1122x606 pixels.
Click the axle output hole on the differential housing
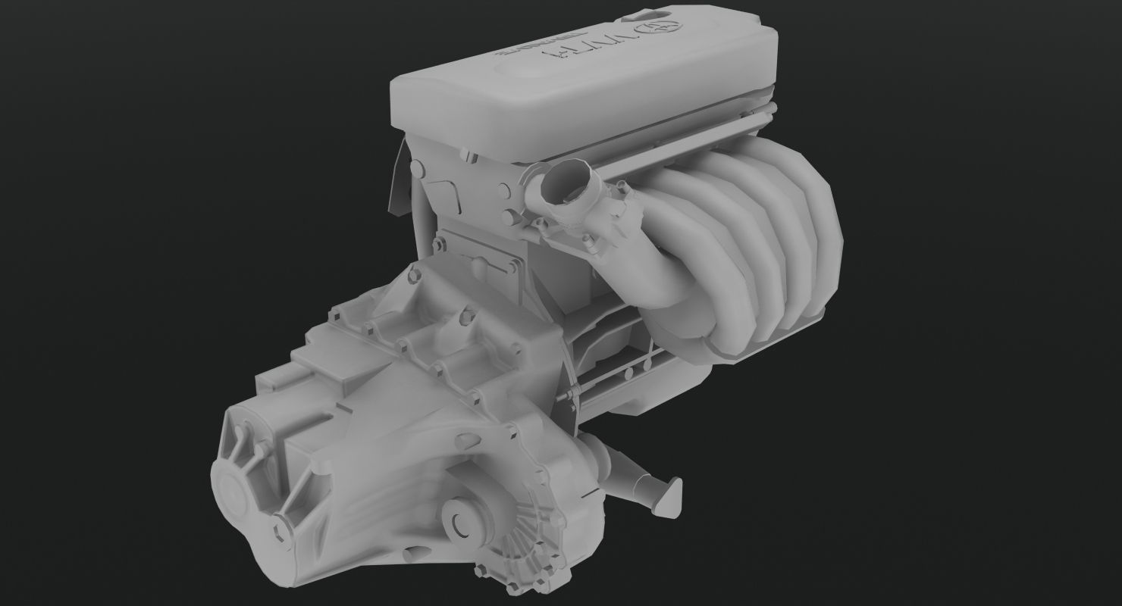461,522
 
